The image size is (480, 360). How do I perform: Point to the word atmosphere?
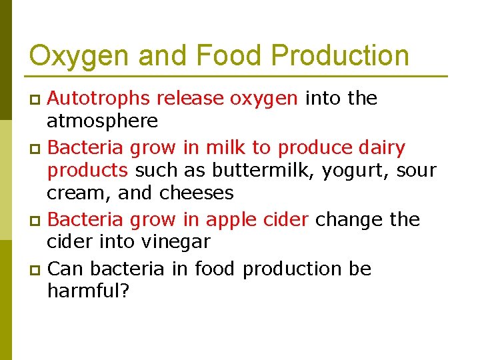(x=102, y=121)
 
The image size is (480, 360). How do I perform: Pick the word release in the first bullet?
(x=191, y=99)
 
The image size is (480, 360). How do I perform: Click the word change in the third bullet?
(x=348, y=220)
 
